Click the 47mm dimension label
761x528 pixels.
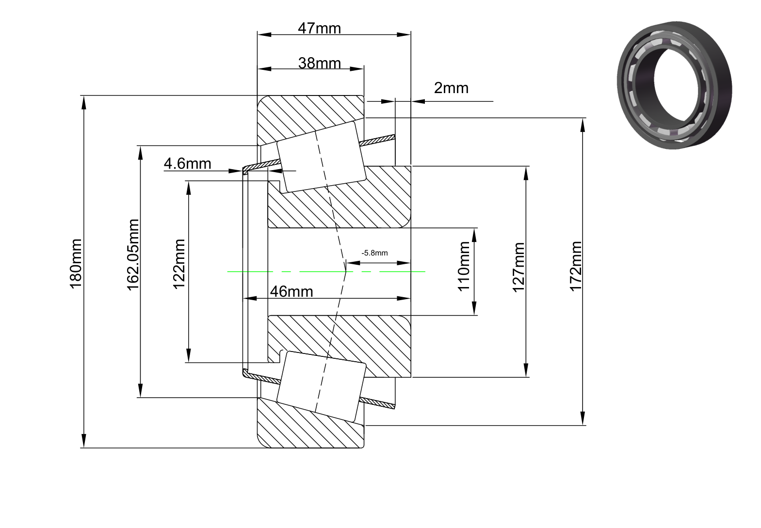click(x=319, y=28)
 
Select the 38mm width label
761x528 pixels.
click(x=319, y=63)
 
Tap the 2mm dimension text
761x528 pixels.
click(x=451, y=88)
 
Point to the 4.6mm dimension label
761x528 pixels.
click(x=188, y=164)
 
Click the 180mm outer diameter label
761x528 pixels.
click(x=76, y=264)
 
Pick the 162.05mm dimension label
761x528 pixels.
click(x=133, y=255)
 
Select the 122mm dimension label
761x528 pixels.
click(x=179, y=264)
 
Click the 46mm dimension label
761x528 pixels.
click(x=291, y=292)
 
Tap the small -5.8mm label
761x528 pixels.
click(x=374, y=253)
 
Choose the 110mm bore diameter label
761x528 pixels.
click(x=464, y=267)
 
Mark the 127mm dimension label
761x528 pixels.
click(x=518, y=268)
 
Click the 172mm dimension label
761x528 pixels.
click(x=576, y=267)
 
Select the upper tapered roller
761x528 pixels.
click(x=322, y=157)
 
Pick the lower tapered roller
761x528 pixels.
click(x=322, y=386)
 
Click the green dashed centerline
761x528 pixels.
click(x=326, y=272)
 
